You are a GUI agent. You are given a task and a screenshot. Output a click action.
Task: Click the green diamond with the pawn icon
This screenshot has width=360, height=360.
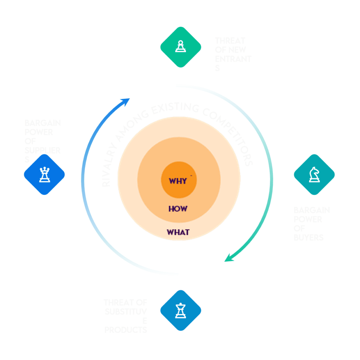click(x=180, y=47)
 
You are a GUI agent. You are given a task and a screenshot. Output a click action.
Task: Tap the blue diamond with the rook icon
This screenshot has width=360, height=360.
click(x=44, y=174)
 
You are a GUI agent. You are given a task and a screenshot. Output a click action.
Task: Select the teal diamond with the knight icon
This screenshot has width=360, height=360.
click(x=314, y=174)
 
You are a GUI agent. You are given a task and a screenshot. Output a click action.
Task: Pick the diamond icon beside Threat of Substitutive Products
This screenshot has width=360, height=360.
click(x=180, y=310)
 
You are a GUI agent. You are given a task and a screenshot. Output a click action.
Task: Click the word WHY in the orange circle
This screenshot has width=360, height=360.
click(x=178, y=181)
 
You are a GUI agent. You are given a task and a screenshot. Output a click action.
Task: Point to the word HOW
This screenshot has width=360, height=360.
click(x=178, y=209)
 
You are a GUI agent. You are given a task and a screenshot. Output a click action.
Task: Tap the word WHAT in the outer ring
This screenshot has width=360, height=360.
click(x=178, y=232)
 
